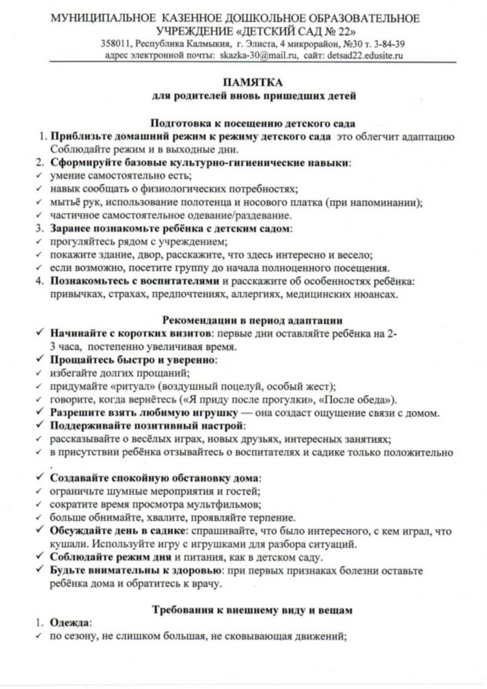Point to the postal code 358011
[x=116, y=44]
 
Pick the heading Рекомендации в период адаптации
[x=253, y=320]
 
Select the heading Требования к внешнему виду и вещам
[x=253, y=609]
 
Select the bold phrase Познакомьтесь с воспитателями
[x=135, y=281]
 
